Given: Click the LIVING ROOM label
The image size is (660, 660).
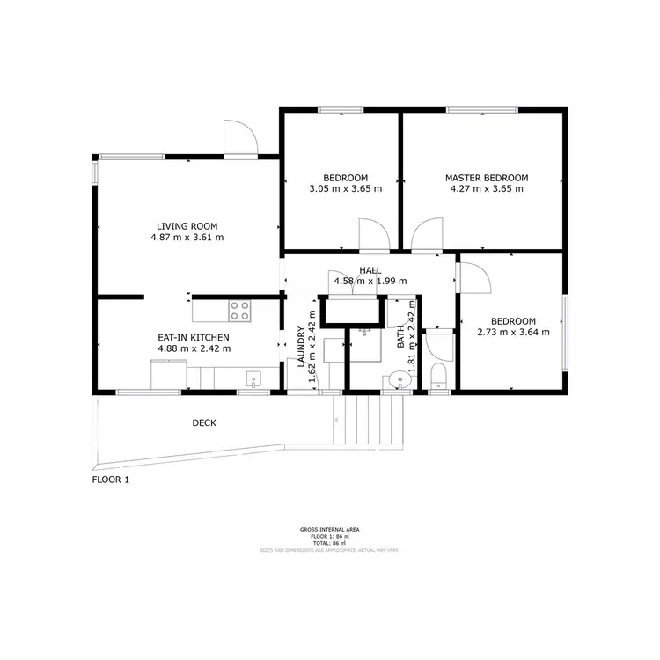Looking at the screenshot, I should [x=187, y=225].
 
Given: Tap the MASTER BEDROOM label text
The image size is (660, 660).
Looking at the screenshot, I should [x=486, y=177].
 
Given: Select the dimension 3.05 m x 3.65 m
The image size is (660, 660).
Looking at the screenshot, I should [x=345, y=188].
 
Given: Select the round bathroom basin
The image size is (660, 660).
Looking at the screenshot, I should [x=400, y=381].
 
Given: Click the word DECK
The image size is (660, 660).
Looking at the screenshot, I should [x=204, y=423].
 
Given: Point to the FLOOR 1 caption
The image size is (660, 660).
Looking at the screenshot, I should [x=111, y=480].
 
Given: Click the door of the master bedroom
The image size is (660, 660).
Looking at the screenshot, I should [x=425, y=236].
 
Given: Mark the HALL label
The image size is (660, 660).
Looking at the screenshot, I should [x=370, y=270].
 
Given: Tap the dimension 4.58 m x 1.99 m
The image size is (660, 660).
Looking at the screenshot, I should [x=370, y=281].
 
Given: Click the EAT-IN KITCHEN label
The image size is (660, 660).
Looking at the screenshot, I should [x=194, y=337].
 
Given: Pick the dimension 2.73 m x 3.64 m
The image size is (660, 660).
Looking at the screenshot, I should [x=512, y=332].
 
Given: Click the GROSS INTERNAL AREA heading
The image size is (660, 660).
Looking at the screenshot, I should [x=329, y=529].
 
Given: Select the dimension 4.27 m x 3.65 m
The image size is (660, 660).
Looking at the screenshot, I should [x=486, y=188].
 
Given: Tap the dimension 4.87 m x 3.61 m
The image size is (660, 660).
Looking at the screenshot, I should [x=187, y=237].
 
